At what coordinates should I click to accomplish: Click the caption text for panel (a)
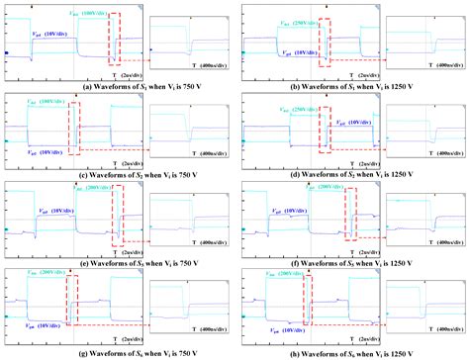118,87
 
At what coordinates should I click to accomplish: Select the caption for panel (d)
351,175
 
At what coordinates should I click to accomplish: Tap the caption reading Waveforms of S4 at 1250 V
351,353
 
